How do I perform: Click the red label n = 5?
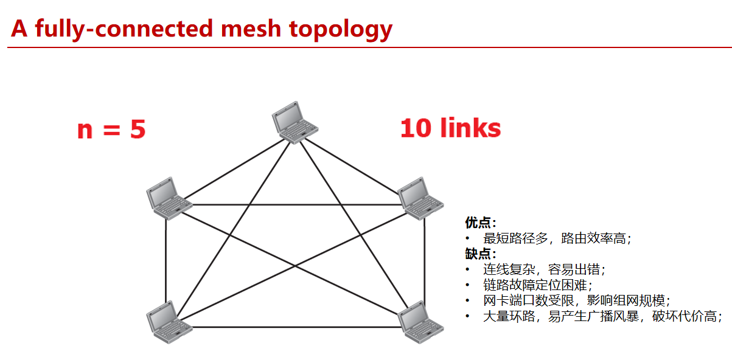111,130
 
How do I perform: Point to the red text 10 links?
450,128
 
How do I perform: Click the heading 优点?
481,223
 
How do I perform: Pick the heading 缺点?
481,254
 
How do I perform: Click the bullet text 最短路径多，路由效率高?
557,238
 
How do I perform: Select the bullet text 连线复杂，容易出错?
544,269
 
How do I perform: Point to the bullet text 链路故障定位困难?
537,285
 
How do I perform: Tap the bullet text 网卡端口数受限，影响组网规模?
576,300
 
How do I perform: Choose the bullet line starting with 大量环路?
602,316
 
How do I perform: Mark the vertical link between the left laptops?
166,261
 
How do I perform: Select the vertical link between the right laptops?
424,261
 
